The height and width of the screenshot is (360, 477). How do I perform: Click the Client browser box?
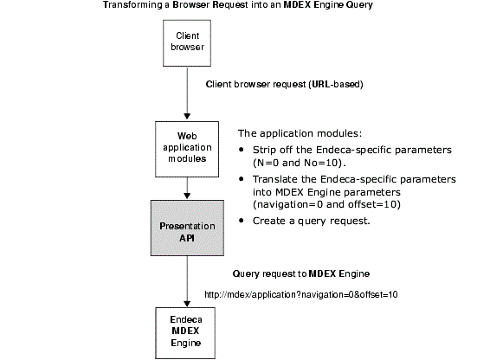187,43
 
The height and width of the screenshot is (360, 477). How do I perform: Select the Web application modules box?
187,150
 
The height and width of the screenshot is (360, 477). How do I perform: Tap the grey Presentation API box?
187,228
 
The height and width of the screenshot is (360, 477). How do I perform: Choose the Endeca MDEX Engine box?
185,333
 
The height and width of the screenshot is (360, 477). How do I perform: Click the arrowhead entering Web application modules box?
187,117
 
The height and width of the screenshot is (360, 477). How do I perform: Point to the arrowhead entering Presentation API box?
187,196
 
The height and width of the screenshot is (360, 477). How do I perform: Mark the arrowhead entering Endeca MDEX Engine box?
187,304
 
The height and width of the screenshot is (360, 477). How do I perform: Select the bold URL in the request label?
321,84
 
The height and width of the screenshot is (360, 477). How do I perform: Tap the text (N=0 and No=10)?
300,163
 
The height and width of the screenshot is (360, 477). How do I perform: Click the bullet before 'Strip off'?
242,150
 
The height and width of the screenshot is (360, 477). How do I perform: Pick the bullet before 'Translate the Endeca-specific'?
242,179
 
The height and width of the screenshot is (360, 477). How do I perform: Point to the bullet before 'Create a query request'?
242,221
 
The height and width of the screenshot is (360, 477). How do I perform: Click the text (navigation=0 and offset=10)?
326,204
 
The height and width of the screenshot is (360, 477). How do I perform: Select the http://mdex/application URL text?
301,294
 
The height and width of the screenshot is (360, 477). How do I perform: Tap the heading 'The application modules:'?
300,133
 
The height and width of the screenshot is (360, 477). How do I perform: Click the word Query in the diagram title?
360,5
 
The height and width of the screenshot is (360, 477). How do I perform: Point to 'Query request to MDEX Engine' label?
301,273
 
